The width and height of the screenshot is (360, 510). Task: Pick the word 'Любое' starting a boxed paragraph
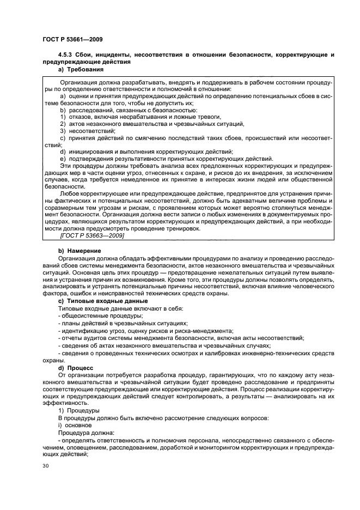[69, 194]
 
